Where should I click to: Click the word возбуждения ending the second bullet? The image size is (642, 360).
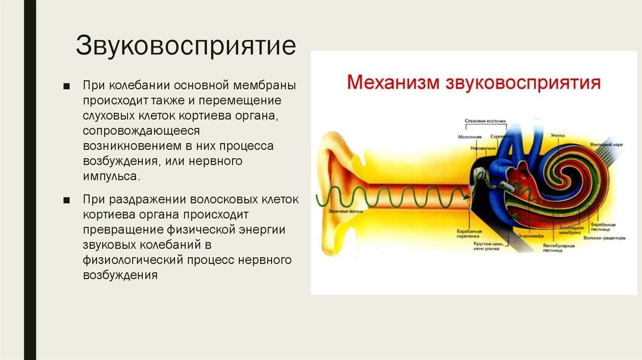[119, 275]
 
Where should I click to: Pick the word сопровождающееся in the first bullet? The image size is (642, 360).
[140, 131]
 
